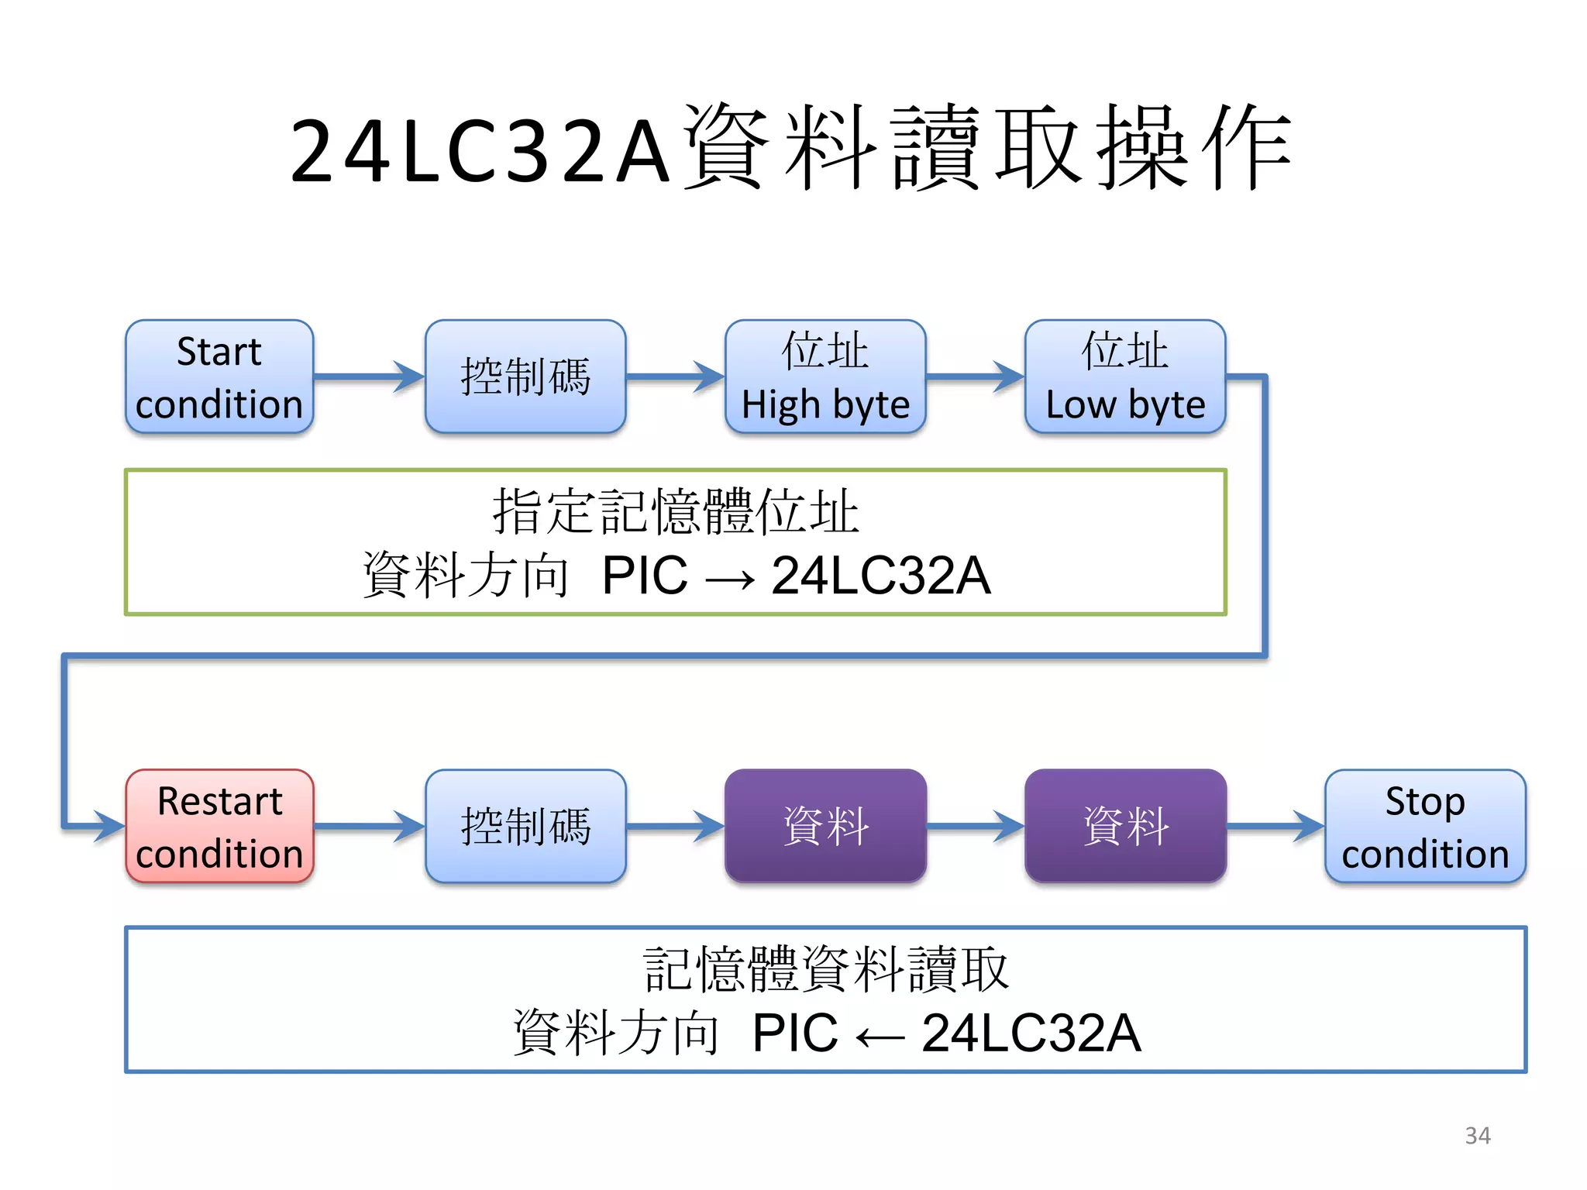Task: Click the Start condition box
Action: [219, 377]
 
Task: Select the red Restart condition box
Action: [219, 827]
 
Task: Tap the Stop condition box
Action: [1425, 827]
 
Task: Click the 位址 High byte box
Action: [825, 377]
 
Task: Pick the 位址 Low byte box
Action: [1125, 377]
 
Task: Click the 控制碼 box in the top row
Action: [525, 377]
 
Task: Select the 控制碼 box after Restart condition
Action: [525, 827]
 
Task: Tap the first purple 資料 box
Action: [825, 827]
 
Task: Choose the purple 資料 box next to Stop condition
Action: [1125, 827]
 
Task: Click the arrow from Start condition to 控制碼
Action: [369, 377]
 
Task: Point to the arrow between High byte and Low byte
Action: [975, 377]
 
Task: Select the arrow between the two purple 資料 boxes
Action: [975, 827]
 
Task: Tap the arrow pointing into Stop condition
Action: [1275, 827]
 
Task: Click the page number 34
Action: [1477, 1136]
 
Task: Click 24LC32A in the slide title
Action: [480, 152]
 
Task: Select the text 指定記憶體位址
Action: [675, 512]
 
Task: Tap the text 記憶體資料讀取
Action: [825, 969]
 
